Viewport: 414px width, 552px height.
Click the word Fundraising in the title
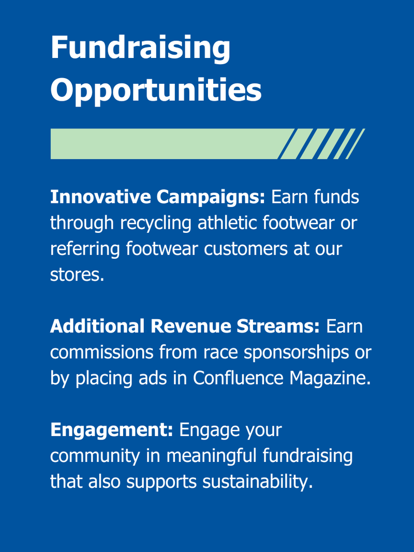[140, 48]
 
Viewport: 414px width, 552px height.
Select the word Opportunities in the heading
[156, 90]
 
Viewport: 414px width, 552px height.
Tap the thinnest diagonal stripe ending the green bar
[355, 144]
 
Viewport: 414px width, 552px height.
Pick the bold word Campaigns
[211, 197]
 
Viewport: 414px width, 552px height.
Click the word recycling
[156, 223]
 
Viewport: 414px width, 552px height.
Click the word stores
[77, 275]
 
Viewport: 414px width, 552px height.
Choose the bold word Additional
[97, 326]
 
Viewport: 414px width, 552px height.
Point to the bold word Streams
[278, 326]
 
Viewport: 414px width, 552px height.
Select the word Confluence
[238, 378]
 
